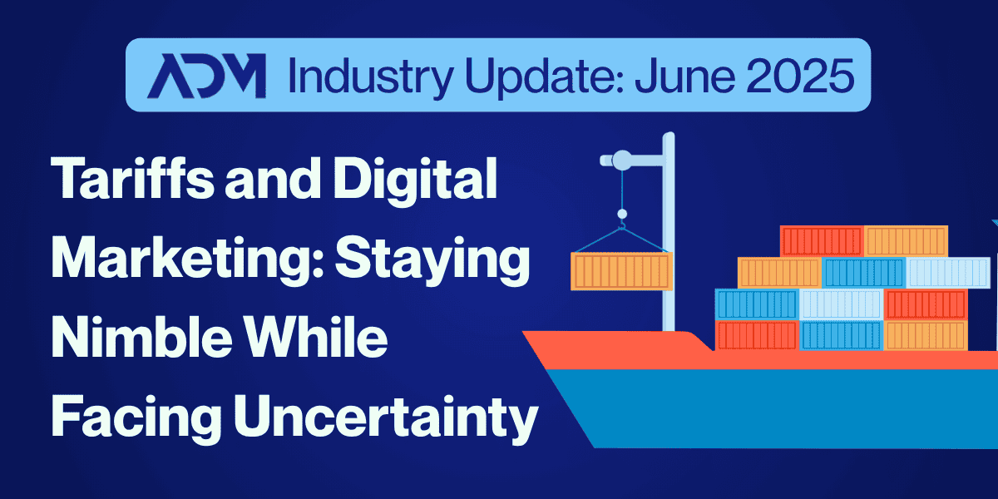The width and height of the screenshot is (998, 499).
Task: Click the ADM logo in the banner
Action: coord(207,76)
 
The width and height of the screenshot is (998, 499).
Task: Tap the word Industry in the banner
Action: coord(371,77)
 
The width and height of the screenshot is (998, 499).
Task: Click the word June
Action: coord(684,77)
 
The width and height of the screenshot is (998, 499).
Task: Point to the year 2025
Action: coord(800,76)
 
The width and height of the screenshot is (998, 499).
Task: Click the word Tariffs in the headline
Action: coord(132,178)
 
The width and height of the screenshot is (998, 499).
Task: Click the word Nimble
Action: coord(141,337)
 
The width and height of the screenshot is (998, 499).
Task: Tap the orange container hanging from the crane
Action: coord(621,271)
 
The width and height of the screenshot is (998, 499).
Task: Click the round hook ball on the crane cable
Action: coord(622,214)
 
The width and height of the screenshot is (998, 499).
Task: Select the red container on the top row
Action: coord(822,241)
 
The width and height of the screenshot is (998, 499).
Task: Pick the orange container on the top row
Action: coord(907,241)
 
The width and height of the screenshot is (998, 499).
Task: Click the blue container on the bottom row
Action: coord(841,335)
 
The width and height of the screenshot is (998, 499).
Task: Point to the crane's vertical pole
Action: coord(669,232)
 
